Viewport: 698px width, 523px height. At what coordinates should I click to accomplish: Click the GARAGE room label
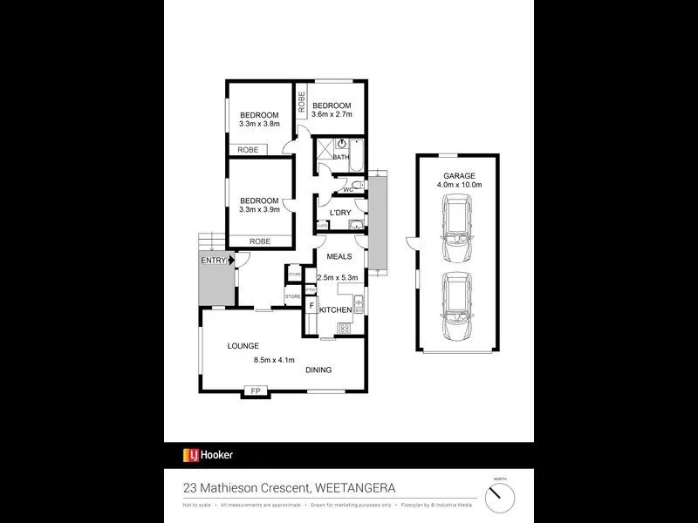pos(458,174)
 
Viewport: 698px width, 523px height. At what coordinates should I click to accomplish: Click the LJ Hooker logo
pos(208,455)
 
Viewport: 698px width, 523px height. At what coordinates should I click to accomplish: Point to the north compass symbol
pos(500,497)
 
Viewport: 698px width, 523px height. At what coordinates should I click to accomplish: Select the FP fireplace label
pos(256,391)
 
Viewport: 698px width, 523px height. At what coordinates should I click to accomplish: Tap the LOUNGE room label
pos(243,346)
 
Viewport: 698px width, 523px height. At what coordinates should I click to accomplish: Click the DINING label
pos(318,370)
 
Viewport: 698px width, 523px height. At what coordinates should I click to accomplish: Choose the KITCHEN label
pos(335,310)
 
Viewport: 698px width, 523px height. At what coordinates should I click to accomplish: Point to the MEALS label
pos(339,256)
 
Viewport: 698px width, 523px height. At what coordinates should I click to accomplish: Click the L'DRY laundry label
pos(339,213)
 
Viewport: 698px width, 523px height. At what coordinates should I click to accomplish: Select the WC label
pos(346,189)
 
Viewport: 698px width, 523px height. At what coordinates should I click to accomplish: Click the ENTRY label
pos(213,261)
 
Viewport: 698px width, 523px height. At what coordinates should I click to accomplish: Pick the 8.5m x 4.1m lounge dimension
pos(274,360)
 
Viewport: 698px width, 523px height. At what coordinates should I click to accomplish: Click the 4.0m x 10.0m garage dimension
pos(458,185)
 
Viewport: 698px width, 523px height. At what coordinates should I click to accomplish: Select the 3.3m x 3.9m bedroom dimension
pos(259,209)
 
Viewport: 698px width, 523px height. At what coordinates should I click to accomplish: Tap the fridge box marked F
pos(311,306)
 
